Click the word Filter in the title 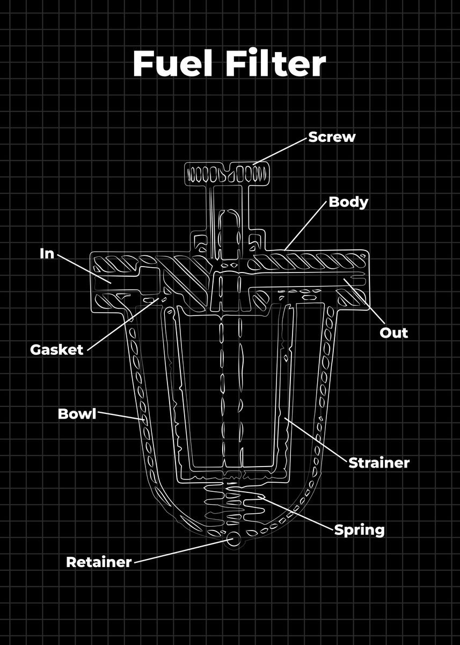pyautogui.click(x=275, y=64)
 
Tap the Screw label pyautogui.click(x=331, y=137)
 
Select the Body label pyautogui.click(x=348, y=202)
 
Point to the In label pyautogui.click(x=47, y=253)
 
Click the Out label pyautogui.click(x=393, y=332)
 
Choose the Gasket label pyautogui.click(x=57, y=349)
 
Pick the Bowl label pyautogui.click(x=77, y=414)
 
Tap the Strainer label pyautogui.click(x=379, y=462)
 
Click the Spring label pyautogui.click(x=359, y=529)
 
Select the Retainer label pyautogui.click(x=99, y=562)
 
